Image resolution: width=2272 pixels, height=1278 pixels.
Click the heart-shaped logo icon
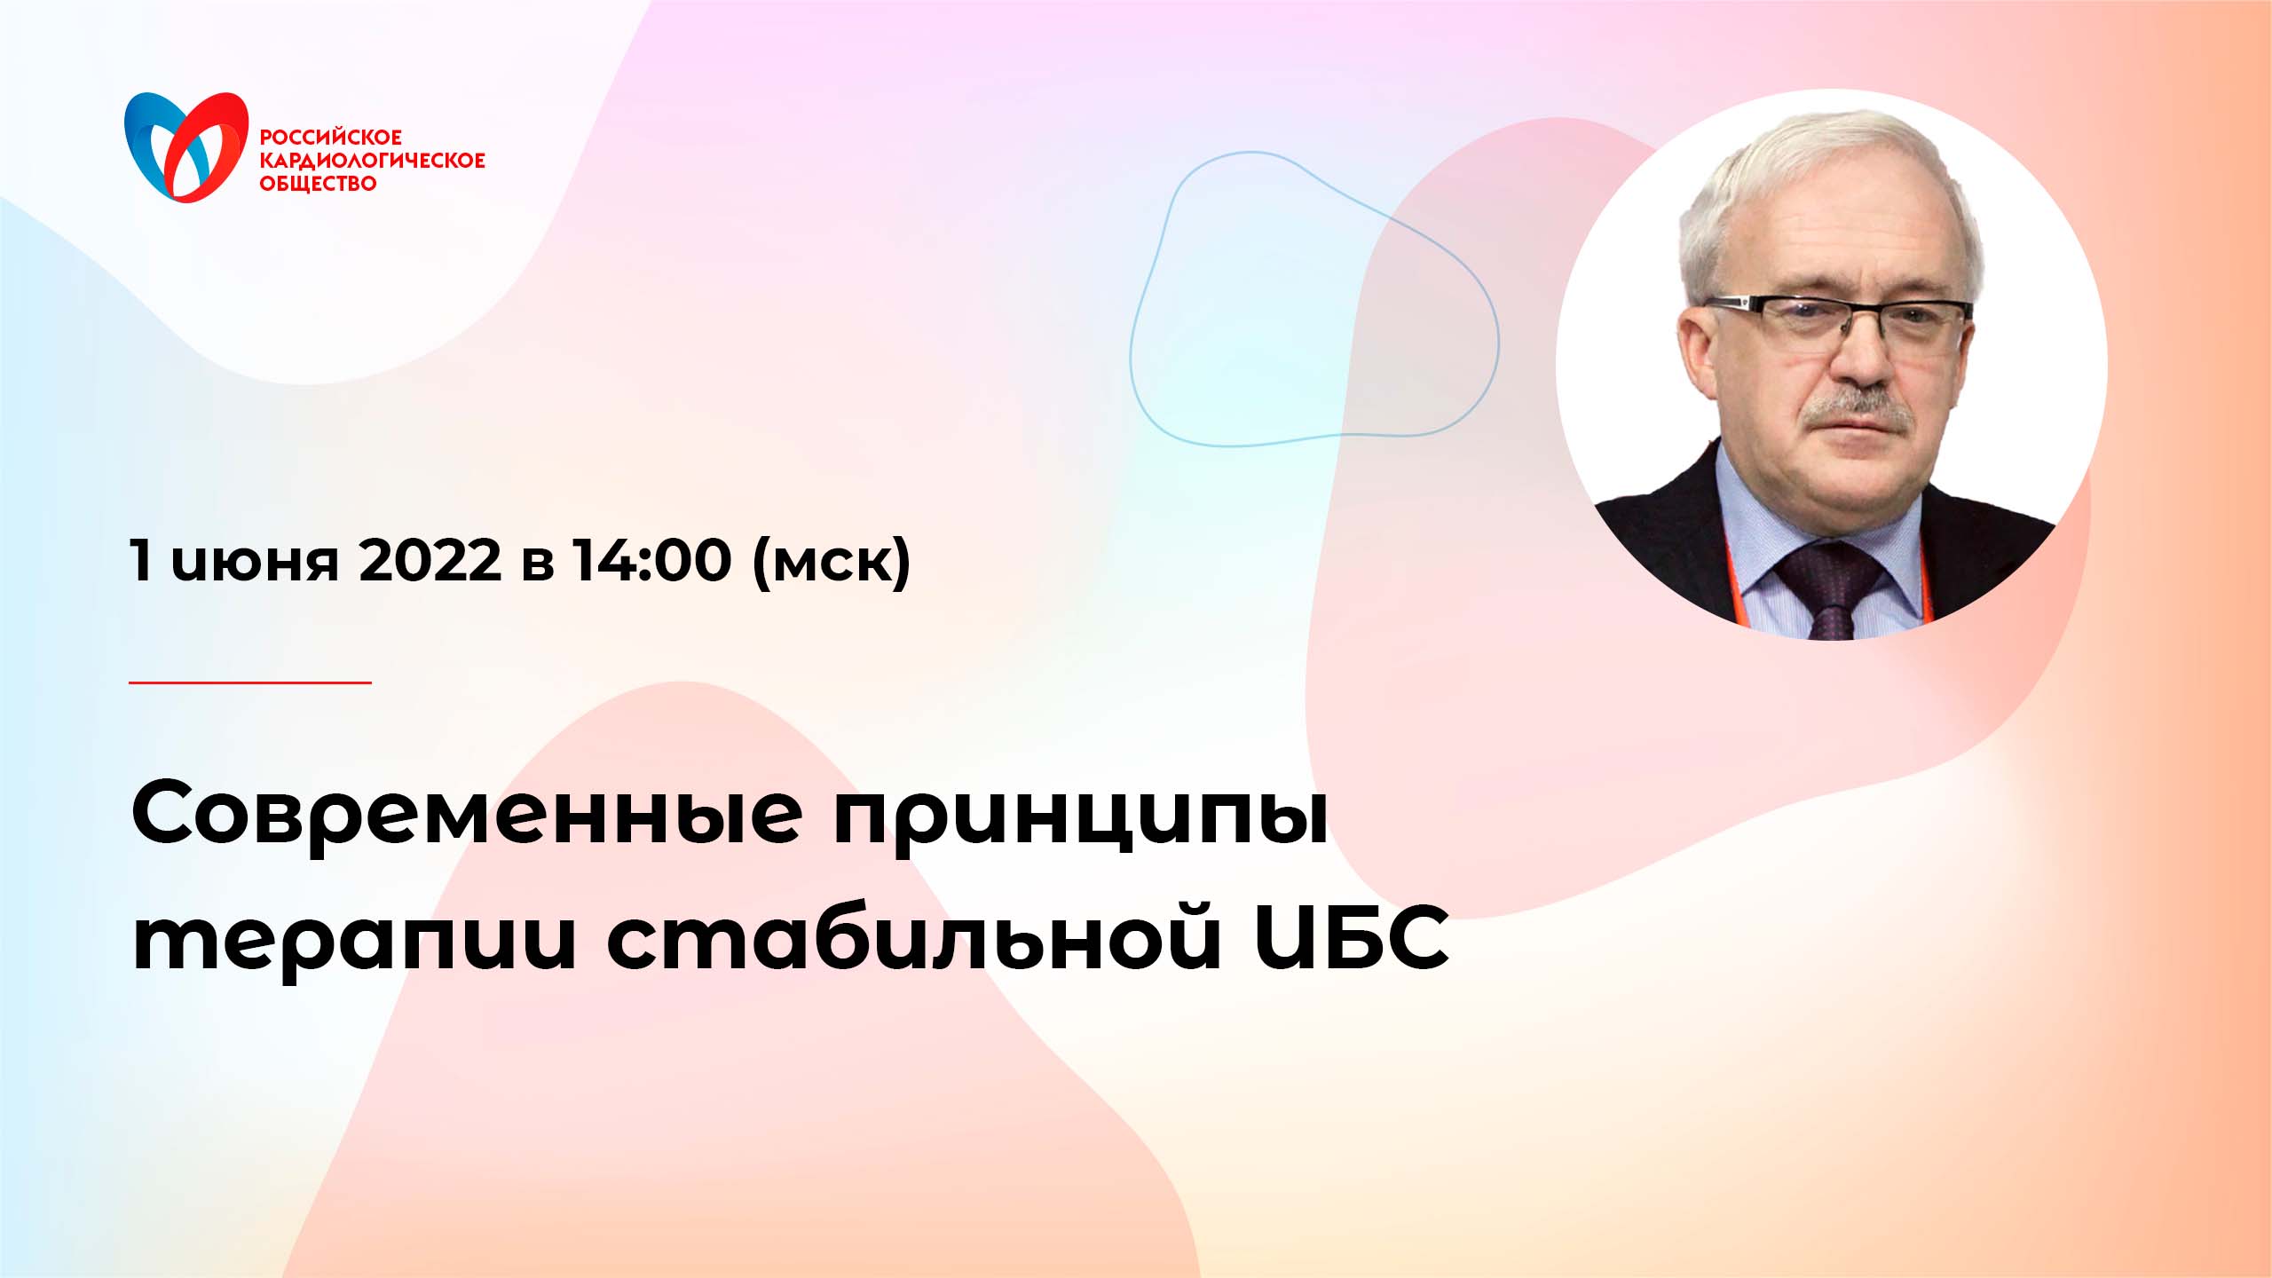pyautogui.click(x=186, y=146)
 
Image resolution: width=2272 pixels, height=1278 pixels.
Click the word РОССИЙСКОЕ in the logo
pyautogui.click(x=330, y=138)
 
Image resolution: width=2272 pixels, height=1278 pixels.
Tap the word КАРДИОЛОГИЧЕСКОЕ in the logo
pyautogui.click(x=372, y=161)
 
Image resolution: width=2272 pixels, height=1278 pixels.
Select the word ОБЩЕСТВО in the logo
pyautogui.click(x=318, y=184)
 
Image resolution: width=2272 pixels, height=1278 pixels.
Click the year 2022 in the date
pyautogui.click(x=430, y=561)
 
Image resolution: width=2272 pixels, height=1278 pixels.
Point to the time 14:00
pyautogui.click(x=652, y=561)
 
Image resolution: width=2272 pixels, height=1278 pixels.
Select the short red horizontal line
pyautogui.click(x=249, y=682)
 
